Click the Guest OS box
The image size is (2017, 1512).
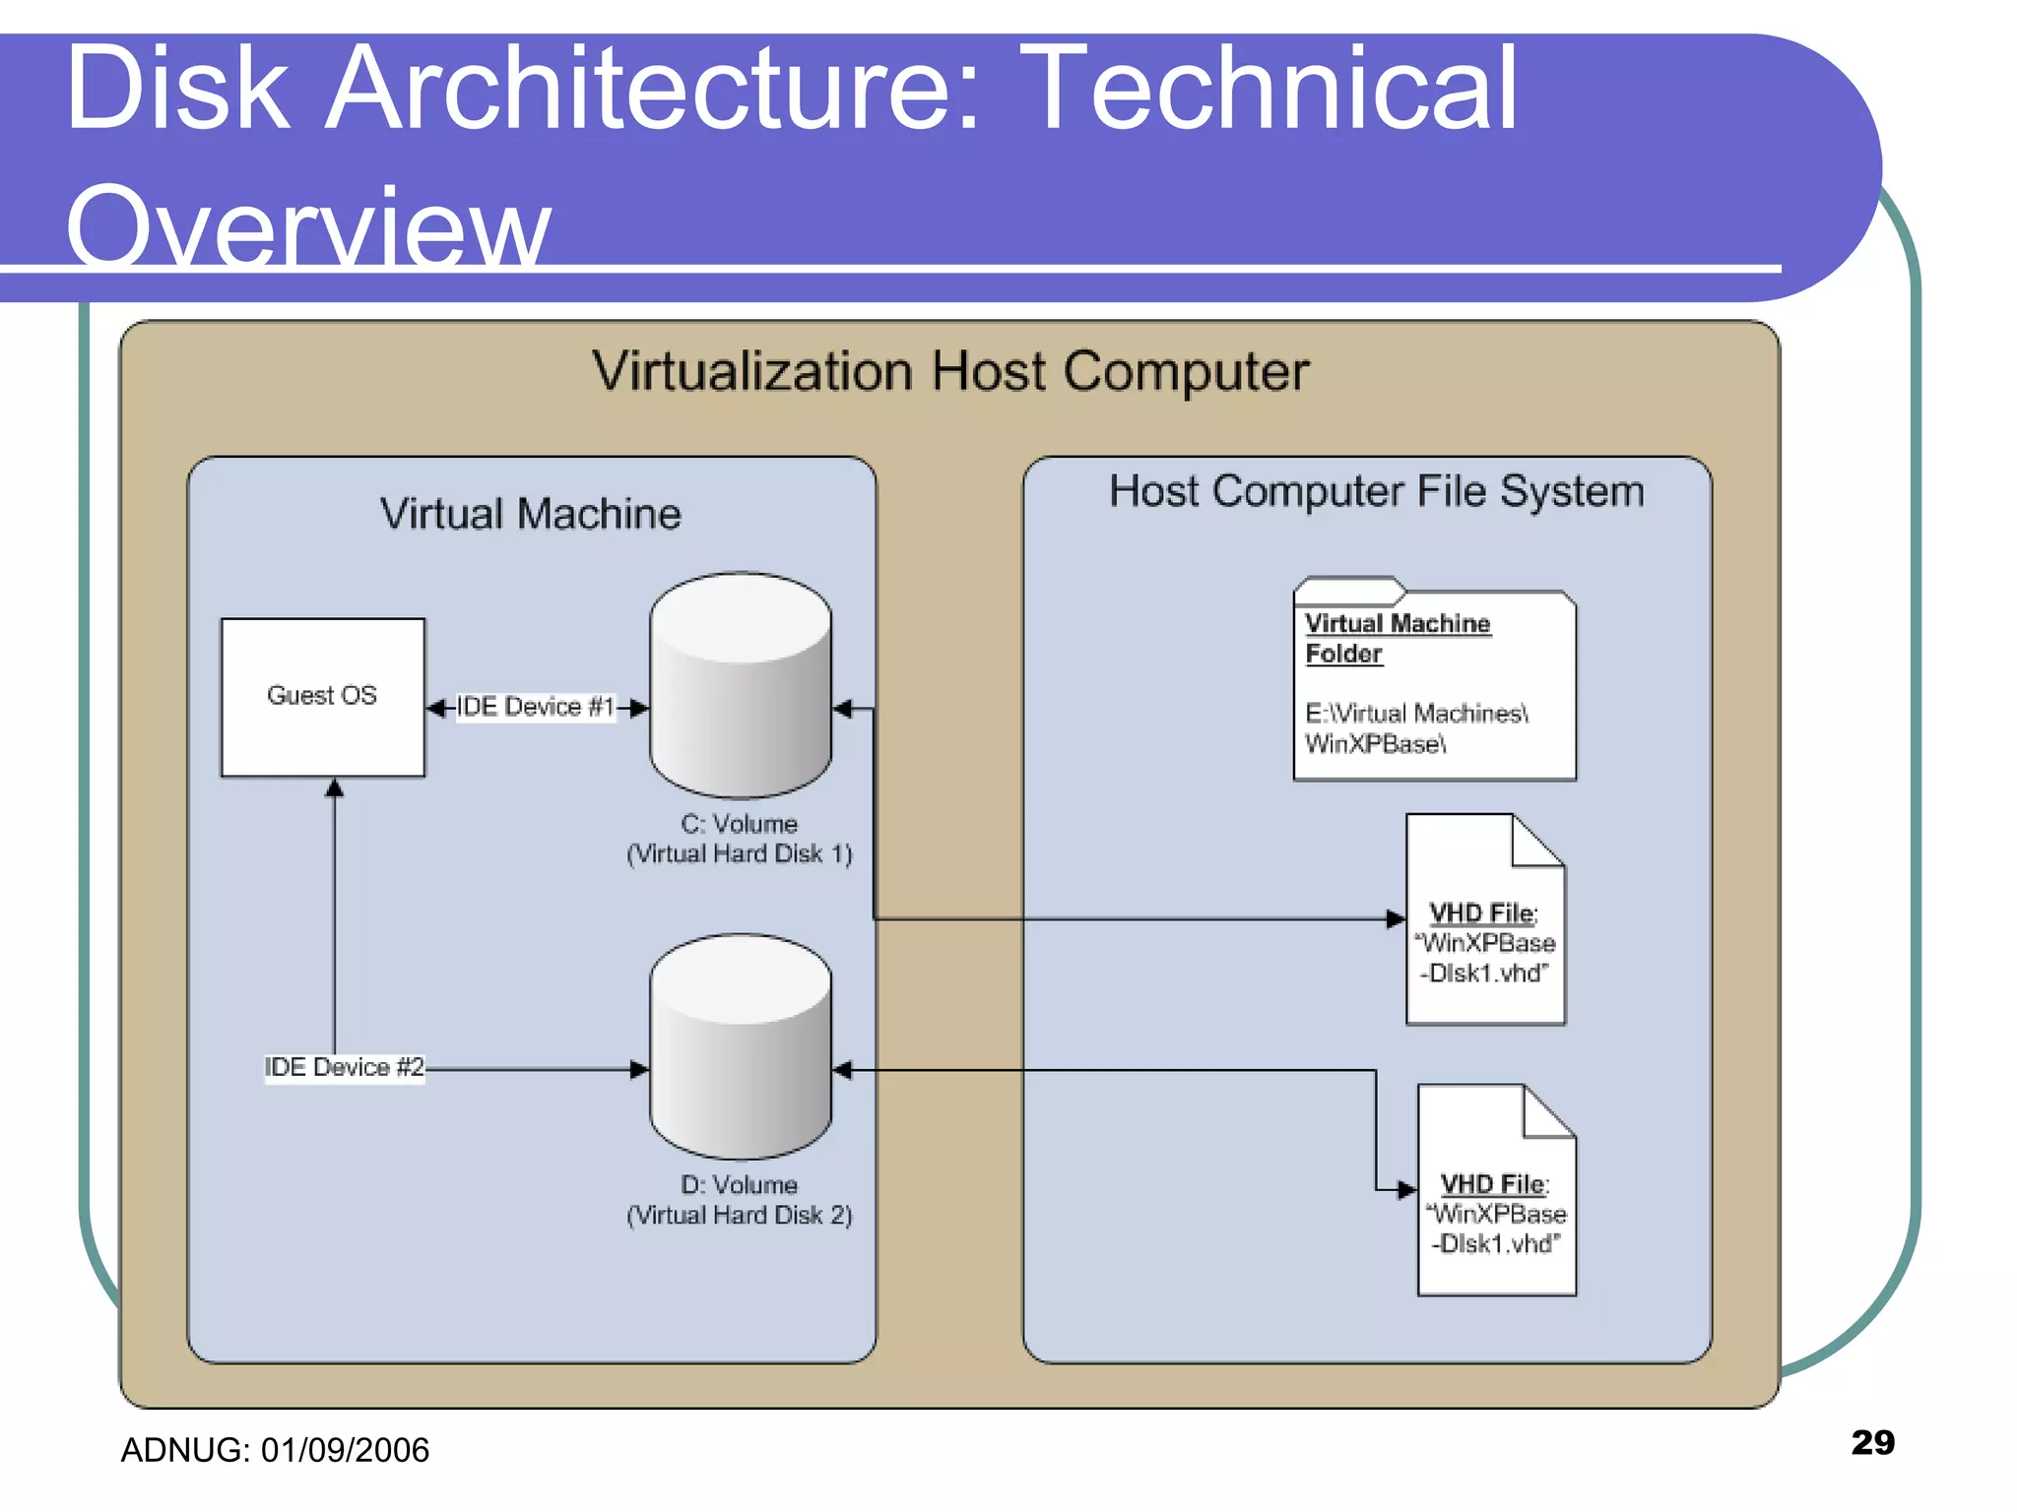pyautogui.click(x=322, y=697)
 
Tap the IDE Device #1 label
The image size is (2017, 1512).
pyautogui.click(x=535, y=707)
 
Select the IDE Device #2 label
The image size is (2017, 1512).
pyautogui.click(x=344, y=1067)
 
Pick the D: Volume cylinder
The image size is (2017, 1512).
pyautogui.click(x=741, y=1047)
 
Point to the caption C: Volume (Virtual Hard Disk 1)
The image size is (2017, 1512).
pyautogui.click(x=739, y=839)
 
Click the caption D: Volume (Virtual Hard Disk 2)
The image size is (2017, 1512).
pyautogui.click(x=739, y=1200)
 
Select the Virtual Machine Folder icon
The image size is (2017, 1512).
pyautogui.click(x=1434, y=681)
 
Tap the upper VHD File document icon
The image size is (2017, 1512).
pyautogui.click(x=1485, y=920)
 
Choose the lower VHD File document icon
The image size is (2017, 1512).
pyautogui.click(x=1496, y=1191)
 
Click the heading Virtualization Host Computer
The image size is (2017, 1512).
pyautogui.click(x=950, y=372)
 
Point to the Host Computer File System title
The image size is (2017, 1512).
pyautogui.click(x=1376, y=491)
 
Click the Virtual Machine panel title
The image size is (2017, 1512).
pyautogui.click(x=531, y=514)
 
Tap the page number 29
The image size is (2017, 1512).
pyautogui.click(x=1872, y=1442)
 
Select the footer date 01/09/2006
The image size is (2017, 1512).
pyautogui.click(x=345, y=1450)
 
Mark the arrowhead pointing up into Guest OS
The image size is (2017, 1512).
pyautogui.click(x=335, y=787)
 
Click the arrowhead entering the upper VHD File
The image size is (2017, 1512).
pyautogui.click(x=1396, y=918)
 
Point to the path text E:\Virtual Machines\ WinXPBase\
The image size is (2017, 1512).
pyautogui.click(x=1415, y=728)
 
